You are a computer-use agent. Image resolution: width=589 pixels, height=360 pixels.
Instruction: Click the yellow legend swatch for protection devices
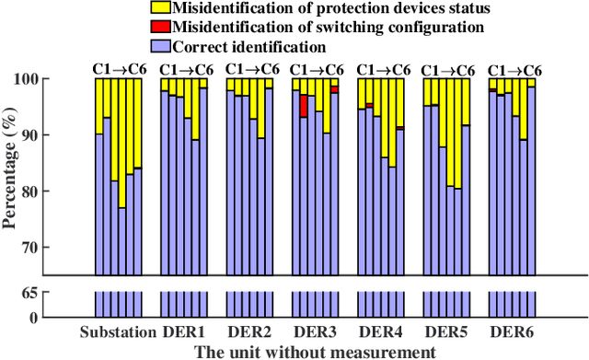158,9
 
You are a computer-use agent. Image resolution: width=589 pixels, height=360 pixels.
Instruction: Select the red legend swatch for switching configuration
158,28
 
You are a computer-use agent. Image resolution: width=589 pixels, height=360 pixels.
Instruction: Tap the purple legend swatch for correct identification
158,46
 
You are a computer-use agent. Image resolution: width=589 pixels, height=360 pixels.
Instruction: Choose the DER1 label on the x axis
184,332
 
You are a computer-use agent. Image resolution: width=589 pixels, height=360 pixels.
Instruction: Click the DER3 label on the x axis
315,332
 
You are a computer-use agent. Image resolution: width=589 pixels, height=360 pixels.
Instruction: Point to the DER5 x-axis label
446,332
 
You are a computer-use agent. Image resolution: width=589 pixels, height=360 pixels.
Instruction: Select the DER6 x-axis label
511,332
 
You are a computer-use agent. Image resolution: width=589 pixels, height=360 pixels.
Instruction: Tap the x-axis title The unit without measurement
314,351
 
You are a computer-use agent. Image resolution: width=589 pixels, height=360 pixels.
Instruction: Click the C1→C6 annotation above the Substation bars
118,69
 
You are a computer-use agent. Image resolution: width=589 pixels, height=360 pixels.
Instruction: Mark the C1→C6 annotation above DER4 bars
381,69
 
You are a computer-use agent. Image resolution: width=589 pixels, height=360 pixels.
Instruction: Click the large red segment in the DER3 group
304,105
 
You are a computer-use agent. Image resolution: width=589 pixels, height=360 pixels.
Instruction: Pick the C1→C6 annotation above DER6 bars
512,69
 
